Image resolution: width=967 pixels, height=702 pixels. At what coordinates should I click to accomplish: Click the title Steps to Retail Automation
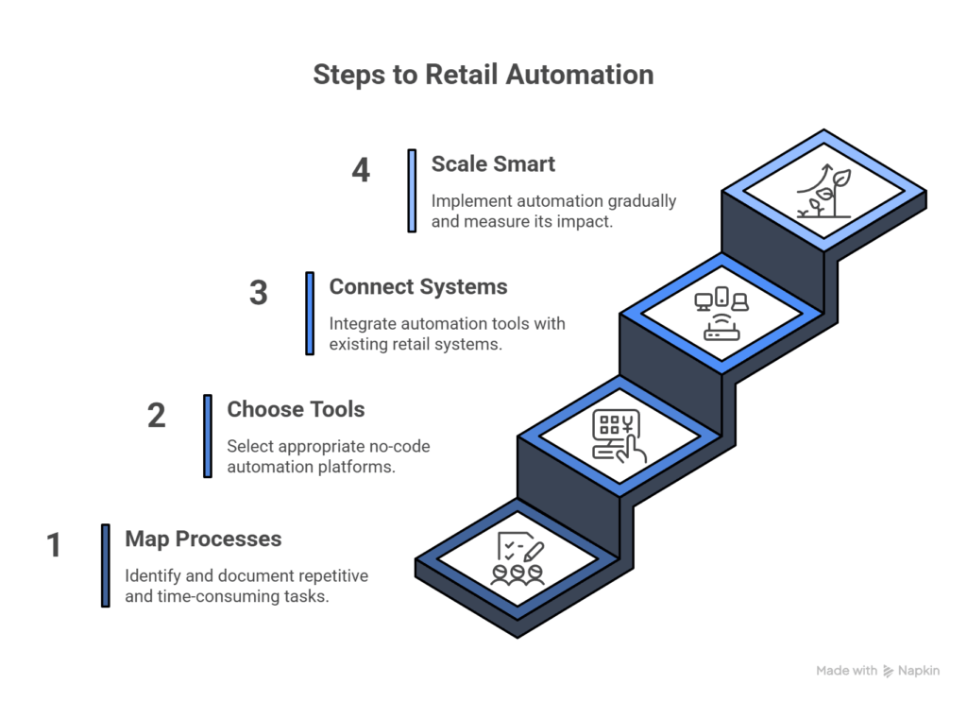coord(483,75)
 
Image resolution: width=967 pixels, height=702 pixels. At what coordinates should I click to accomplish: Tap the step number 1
coord(54,546)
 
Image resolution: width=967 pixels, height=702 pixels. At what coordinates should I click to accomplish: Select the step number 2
coord(157,417)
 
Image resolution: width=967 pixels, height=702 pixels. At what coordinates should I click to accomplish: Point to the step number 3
coord(259,294)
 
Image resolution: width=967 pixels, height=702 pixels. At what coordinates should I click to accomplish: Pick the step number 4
coord(361,171)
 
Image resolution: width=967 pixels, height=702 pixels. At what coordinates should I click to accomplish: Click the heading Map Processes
coord(203,539)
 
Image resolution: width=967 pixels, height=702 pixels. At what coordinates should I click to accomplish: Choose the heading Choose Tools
coord(296,409)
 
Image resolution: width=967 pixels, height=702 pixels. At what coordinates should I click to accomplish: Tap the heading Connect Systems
coord(417,286)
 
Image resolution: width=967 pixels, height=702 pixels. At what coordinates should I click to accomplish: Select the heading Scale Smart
coord(493,163)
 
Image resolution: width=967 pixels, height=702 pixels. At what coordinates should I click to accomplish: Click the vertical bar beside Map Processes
coord(106,565)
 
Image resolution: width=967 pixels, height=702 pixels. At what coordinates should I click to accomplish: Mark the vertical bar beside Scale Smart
coord(412,190)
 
